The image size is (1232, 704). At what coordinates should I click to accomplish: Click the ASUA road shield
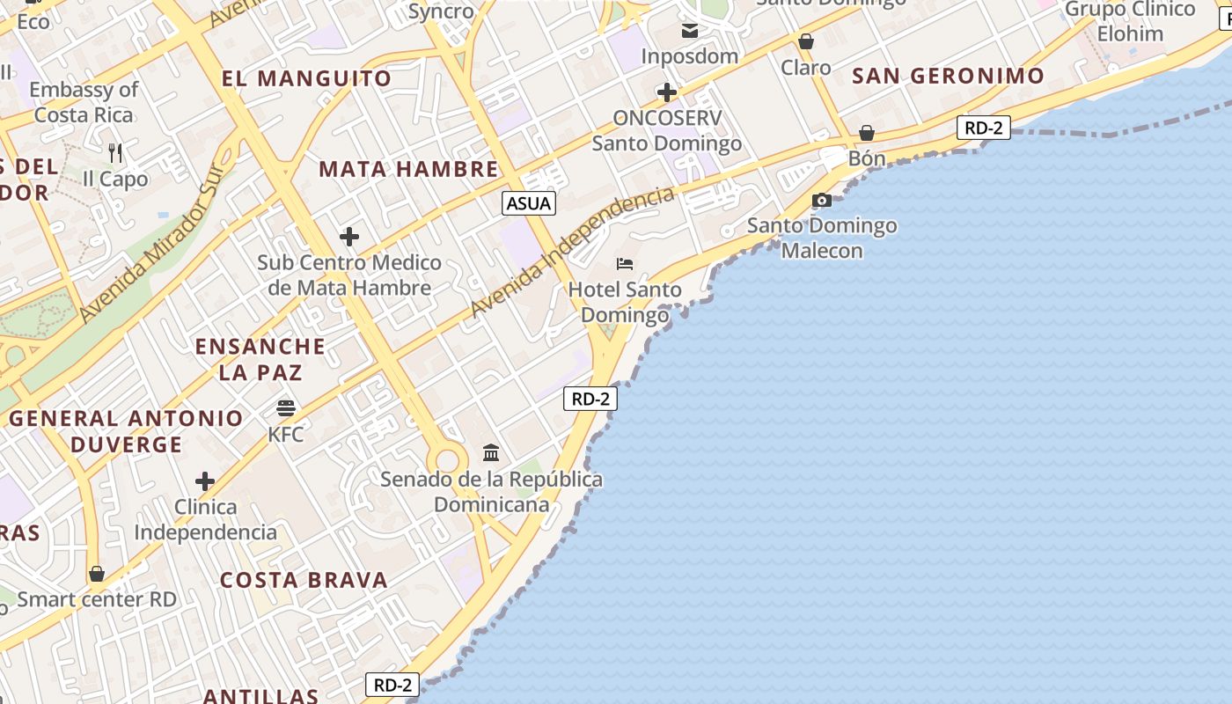tap(529, 204)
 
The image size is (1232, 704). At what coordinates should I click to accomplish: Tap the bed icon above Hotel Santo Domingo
tap(625, 264)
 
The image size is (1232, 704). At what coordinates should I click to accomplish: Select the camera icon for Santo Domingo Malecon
tap(822, 201)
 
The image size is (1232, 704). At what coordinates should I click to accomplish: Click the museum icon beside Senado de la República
tap(491, 453)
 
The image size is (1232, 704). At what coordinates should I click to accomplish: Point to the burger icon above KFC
tap(286, 408)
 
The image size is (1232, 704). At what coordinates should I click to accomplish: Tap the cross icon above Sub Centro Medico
tap(349, 237)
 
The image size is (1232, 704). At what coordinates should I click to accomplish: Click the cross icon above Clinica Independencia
tap(205, 481)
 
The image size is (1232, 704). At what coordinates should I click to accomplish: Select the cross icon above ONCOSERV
tap(667, 92)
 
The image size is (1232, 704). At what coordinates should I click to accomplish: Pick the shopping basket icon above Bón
tap(867, 133)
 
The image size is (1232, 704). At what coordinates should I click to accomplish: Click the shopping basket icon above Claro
tap(805, 41)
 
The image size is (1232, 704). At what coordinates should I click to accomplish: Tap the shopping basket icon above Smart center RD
tap(97, 574)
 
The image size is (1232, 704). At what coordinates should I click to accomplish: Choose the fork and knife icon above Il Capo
tap(115, 153)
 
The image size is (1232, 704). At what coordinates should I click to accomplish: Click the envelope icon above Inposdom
tap(690, 32)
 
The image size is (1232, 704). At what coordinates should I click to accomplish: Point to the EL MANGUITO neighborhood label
tap(306, 78)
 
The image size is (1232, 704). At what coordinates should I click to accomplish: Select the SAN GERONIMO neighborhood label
tap(948, 76)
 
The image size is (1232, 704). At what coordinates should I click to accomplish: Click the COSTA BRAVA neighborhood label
tap(304, 580)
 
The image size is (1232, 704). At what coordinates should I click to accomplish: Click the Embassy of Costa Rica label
tap(84, 102)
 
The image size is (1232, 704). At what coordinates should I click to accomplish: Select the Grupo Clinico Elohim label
tap(1130, 22)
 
